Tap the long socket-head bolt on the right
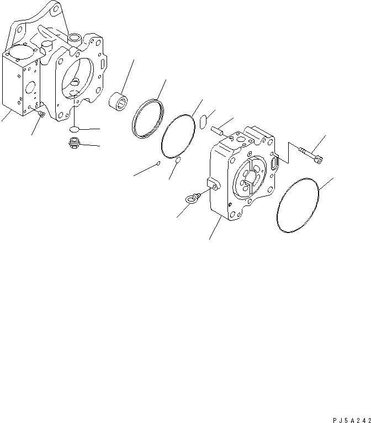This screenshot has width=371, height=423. point(312,155)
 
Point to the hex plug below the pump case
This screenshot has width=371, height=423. point(71,145)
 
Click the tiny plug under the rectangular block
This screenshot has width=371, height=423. point(41,114)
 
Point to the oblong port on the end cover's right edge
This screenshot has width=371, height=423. point(275,163)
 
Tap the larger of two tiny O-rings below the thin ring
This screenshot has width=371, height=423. point(178,161)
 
